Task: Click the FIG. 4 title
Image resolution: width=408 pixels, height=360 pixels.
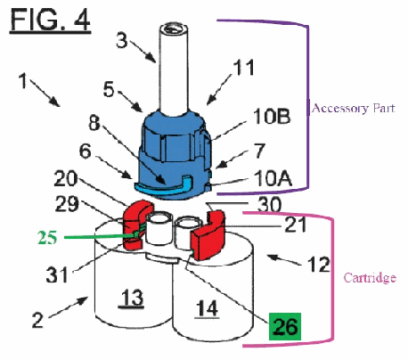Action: (x=50, y=20)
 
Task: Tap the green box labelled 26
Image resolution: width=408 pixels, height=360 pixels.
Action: (x=285, y=326)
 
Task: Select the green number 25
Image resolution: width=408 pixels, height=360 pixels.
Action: (x=47, y=238)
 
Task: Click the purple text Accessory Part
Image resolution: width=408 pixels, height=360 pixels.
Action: (x=354, y=108)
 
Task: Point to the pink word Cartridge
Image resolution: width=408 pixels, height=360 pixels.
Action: (x=370, y=277)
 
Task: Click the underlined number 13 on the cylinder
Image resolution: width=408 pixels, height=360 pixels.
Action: (x=131, y=298)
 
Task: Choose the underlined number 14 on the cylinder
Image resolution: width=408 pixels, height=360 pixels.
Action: (x=208, y=308)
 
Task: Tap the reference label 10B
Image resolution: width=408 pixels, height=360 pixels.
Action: (x=272, y=116)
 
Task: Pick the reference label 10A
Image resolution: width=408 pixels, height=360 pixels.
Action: (x=273, y=178)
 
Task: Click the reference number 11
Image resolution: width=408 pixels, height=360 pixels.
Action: (x=244, y=68)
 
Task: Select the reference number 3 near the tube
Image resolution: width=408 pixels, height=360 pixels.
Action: (x=121, y=40)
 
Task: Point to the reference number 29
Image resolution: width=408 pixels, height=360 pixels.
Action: (x=67, y=204)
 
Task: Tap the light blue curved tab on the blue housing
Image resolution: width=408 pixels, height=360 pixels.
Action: (x=164, y=186)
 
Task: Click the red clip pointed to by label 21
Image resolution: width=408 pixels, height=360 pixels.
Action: (x=208, y=235)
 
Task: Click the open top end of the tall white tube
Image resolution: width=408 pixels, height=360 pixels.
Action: (x=175, y=29)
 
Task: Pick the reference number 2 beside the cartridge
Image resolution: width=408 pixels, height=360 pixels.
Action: (x=37, y=320)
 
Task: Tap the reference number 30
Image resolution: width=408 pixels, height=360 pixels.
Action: (x=269, y=205)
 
